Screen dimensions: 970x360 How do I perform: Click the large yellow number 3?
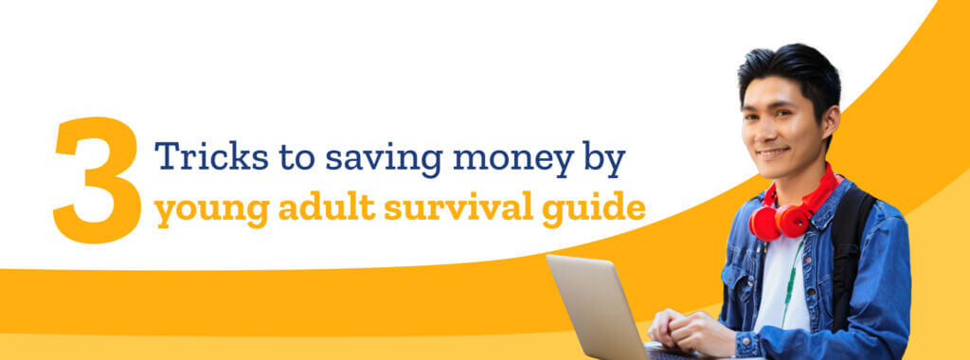[x=98, y=179]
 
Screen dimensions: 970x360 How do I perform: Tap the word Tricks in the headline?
[x=211, y=155]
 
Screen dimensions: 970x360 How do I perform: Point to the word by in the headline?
[x=604, y=158]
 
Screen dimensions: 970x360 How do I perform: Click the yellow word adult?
[x=327, y=207]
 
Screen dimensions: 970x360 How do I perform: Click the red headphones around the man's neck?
[x=790, y=210]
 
